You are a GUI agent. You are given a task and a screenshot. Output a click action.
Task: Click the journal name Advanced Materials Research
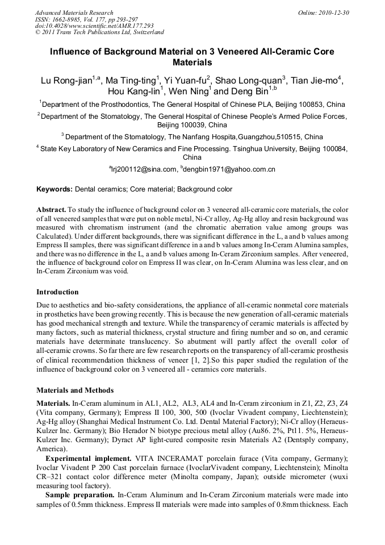coord(74,13)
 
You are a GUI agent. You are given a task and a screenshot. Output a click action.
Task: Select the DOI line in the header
coord(94,26)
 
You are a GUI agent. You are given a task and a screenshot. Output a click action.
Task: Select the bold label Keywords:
coord(55,189)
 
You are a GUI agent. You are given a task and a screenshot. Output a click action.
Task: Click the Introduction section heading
coord(57,292)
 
